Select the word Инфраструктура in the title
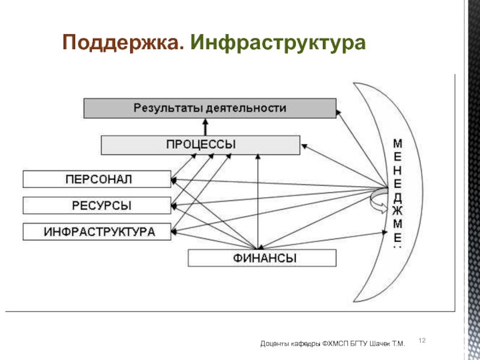click(x=278, y=43)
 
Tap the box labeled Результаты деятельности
click(x=209, y=109)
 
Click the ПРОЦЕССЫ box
click(x=200, y=145)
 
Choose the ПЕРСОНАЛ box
click(x=97, y=179)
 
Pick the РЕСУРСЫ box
click(x=97, y=205)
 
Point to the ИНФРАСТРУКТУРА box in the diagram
click(x=97, y=231)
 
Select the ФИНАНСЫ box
click(x=263, y=258)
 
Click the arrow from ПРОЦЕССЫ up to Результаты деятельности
click(x=205, y=127)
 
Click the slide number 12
click(x=421, y=341)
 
